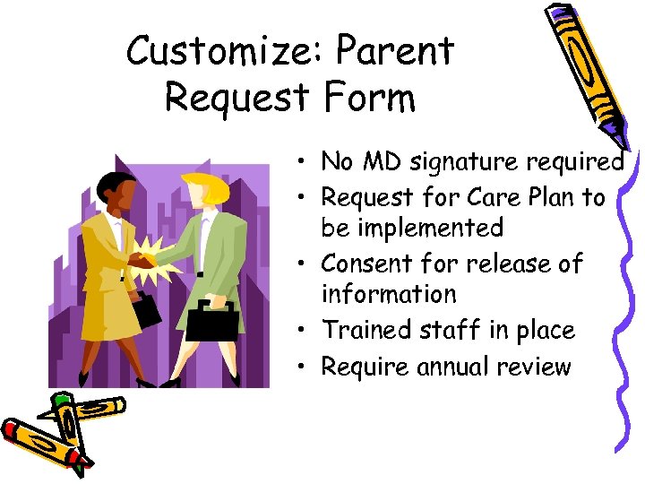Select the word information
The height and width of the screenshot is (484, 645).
(x=389, y=294)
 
